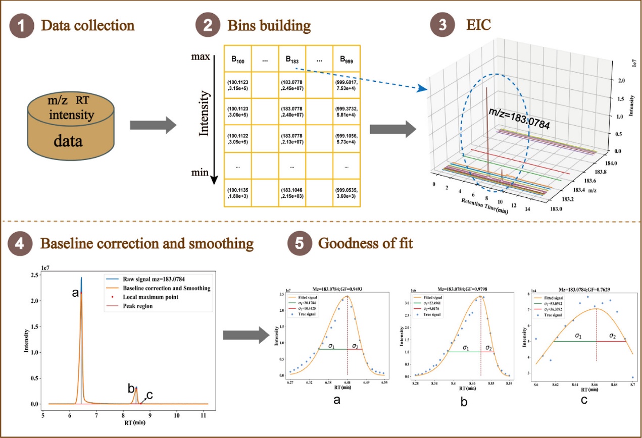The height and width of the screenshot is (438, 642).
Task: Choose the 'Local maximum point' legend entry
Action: tap(156, 297)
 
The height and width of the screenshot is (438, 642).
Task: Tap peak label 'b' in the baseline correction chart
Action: tap(131, 389)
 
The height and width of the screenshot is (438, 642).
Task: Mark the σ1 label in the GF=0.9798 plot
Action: tap(465, 348)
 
